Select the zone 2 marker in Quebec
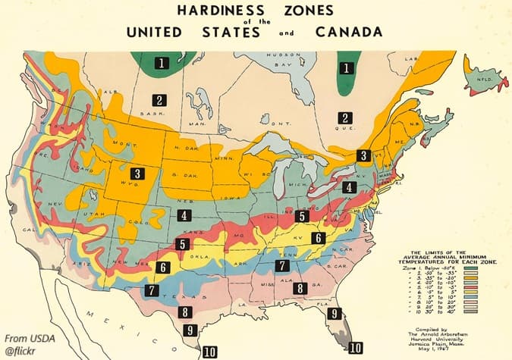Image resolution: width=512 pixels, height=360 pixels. click(x=345, y=117)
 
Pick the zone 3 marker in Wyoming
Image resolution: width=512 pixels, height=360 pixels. click(x=137, y=173)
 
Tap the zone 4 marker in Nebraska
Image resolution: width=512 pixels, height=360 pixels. click(x=184, y=215)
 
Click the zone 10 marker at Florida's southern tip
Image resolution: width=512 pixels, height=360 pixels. click(x=356, y=348)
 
